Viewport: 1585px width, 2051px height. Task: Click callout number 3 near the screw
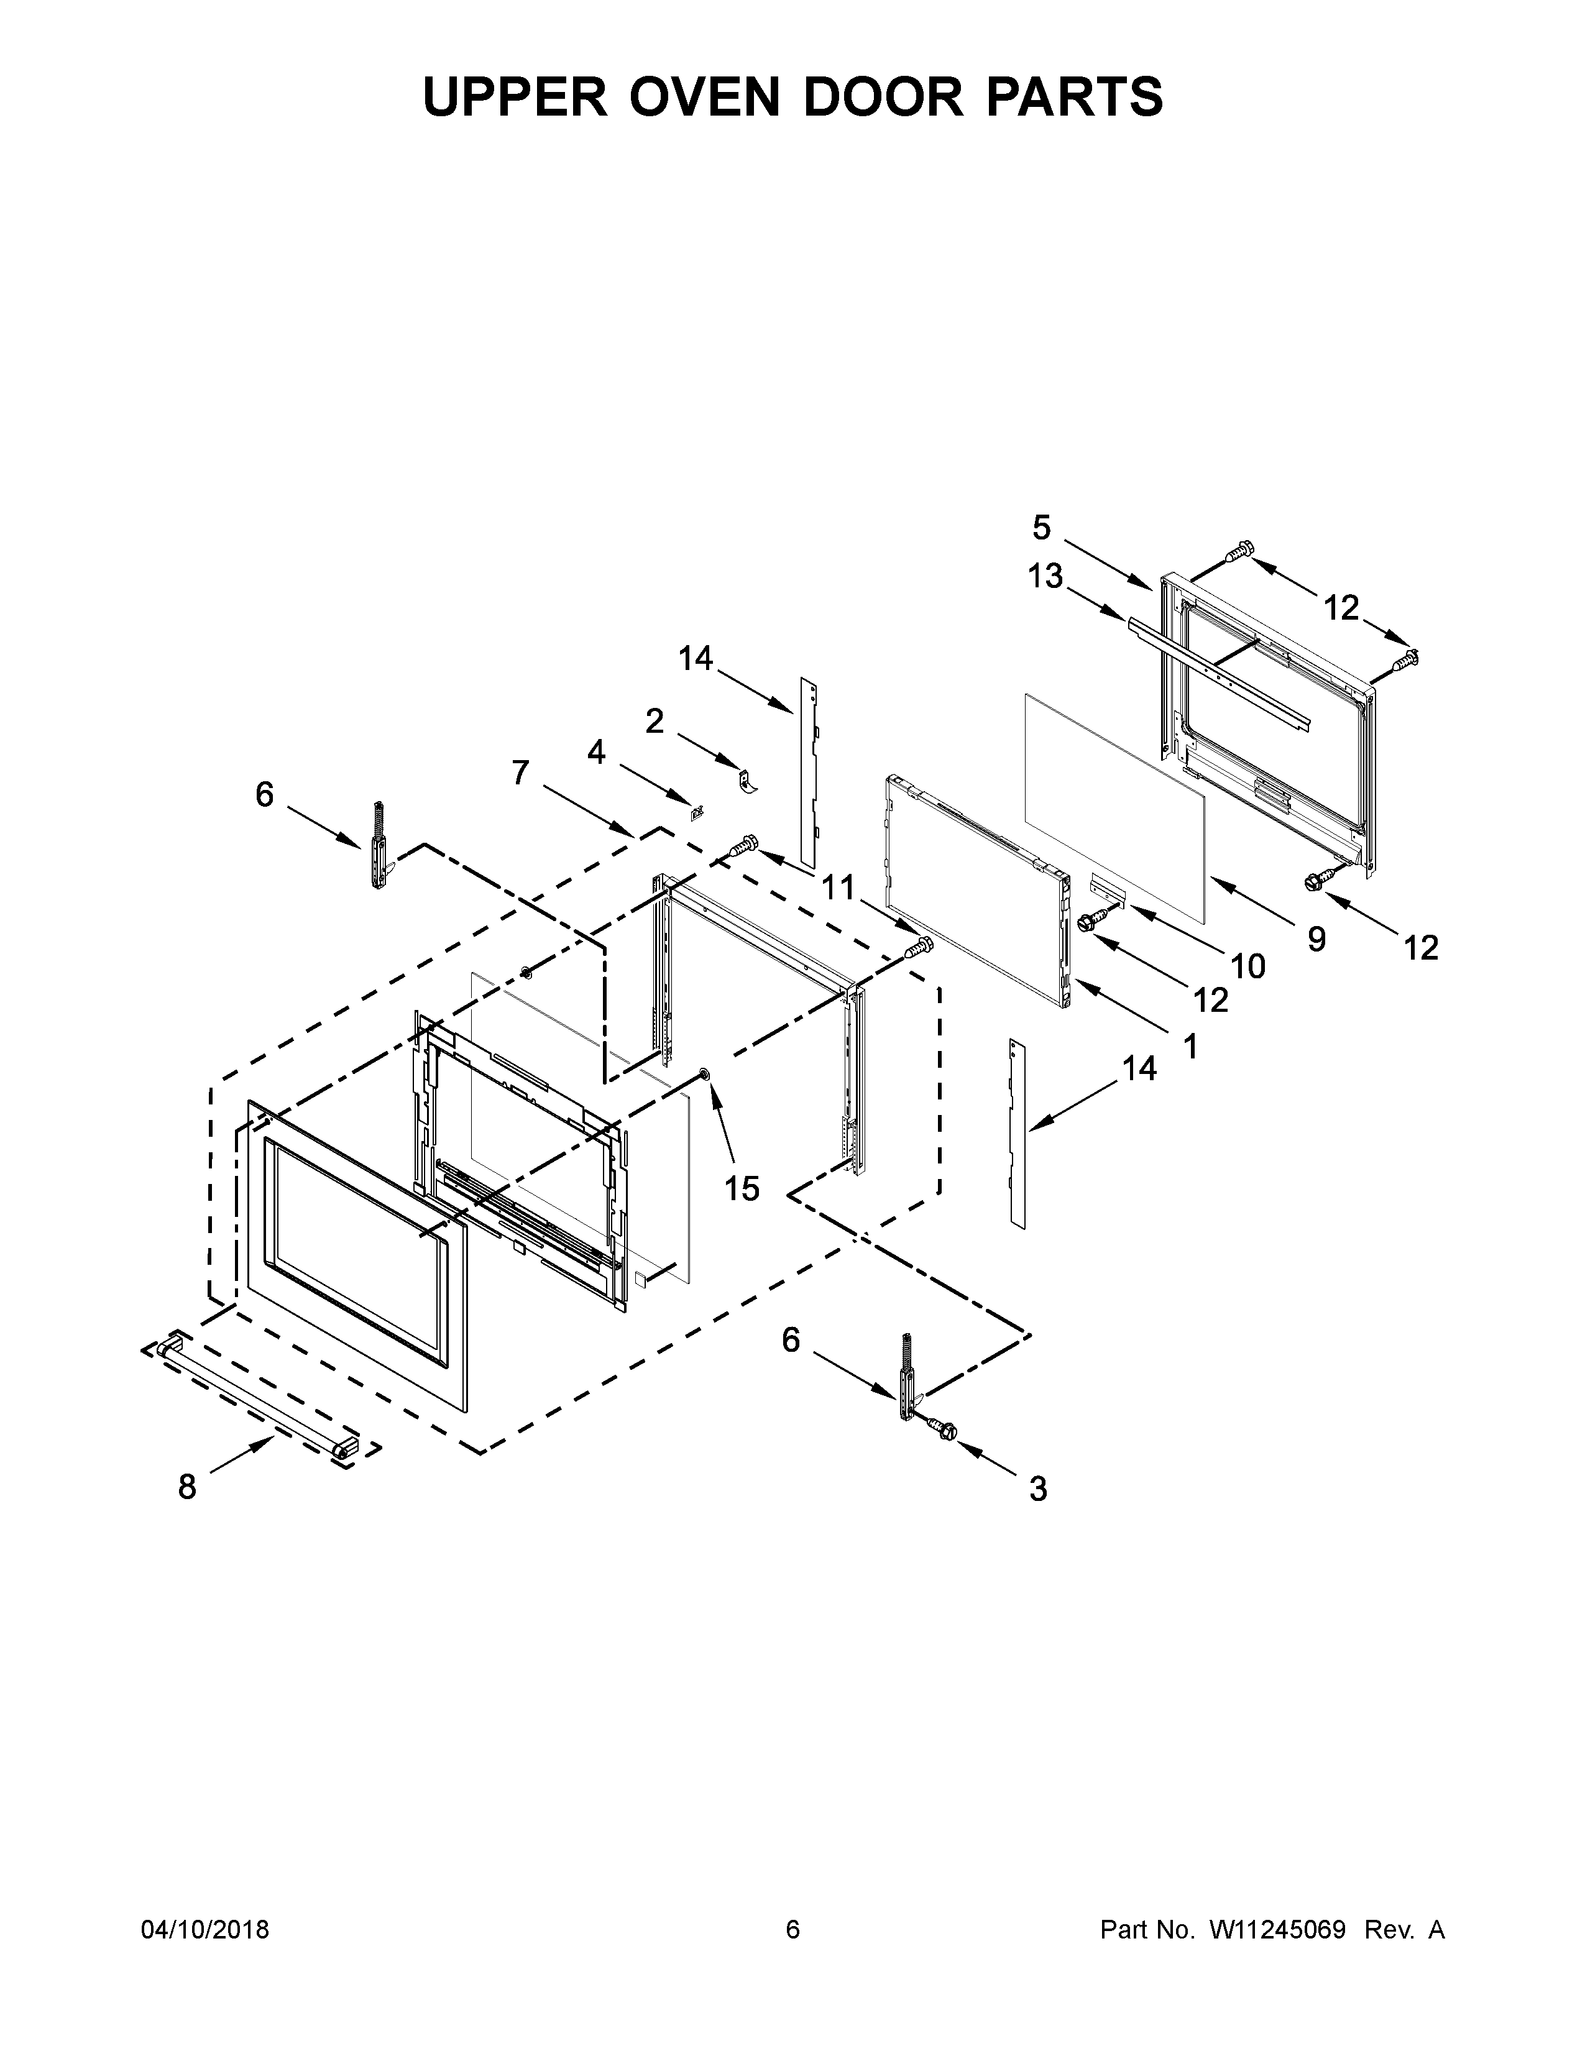[1037, 1489]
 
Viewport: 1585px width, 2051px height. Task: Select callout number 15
[741, 1188]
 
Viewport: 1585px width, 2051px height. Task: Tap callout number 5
[1041, 528]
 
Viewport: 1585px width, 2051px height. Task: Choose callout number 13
[1044, 576]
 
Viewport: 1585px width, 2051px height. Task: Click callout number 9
[1316, 938]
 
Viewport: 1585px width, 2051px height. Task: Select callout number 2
[655, 721]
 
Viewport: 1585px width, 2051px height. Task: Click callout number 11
[838, 886]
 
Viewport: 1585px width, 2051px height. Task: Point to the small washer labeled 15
[704, 1073]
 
